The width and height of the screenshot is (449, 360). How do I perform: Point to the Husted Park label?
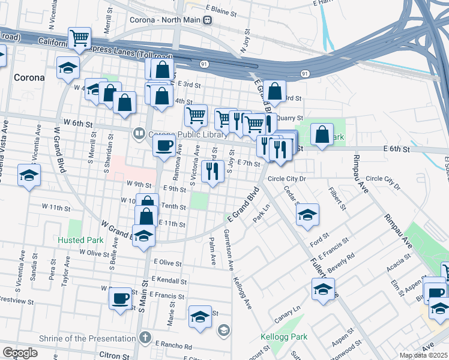coord(80,240)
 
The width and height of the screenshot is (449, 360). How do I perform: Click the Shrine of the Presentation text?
coord(86,338)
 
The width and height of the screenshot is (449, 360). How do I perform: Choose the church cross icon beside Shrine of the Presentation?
coord(144,337)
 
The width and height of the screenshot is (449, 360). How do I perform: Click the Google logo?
coord(20,353)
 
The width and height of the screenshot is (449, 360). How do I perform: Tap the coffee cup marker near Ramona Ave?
coord(164,145)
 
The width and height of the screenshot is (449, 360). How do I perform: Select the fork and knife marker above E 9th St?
coord(211,172)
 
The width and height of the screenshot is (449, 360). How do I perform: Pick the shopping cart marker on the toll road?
coord(79,39)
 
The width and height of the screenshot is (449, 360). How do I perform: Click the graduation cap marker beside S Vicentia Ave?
coord(29,176)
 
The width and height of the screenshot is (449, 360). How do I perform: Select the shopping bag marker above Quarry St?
coord(274,92)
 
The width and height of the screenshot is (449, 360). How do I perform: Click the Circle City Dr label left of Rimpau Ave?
coord(287,179)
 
